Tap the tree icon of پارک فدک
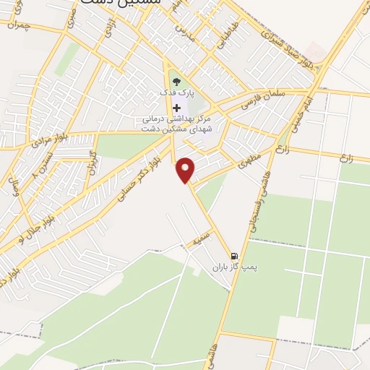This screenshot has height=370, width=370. pos(177,82)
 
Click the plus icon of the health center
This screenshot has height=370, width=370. pos(177,108)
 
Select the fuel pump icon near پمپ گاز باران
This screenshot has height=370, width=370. pos(234,256)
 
